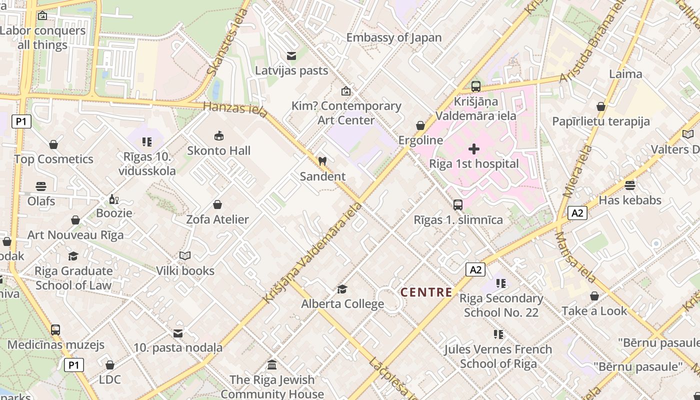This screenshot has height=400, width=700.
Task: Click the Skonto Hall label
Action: (x=218, y=150)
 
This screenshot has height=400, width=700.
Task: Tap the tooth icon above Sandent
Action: (x=322, y=161)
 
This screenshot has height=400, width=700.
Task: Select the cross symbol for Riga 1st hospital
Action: (x=474, y=149)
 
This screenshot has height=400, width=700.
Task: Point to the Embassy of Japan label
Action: (x=394, y=37)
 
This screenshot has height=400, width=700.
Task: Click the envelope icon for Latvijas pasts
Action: (x=291, y=56)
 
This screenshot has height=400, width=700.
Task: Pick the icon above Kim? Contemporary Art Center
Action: (x=345, y=91)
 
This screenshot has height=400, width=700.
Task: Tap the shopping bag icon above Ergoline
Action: (x=420, y=125)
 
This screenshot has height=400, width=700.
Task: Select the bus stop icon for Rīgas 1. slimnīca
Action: (x=457, y=204)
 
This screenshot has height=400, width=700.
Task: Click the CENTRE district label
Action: (x=426, y=292)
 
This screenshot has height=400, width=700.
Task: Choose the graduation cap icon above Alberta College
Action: (x=342, y=289)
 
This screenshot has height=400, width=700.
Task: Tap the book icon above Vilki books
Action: (x=185, y=256)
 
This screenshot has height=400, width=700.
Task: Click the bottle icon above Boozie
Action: (x=114, y=199)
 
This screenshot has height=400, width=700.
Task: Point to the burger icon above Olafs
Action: (x=41, y=186)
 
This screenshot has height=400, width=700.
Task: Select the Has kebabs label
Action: (x=630, y=200)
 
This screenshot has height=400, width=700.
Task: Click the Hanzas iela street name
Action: (x=235, y=108)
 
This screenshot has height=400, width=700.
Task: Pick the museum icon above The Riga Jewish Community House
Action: (x=272, y=364)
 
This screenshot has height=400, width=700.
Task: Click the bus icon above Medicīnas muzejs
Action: (x=55, y=330)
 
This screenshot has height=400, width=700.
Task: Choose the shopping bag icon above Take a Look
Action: (x=594, y=296)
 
